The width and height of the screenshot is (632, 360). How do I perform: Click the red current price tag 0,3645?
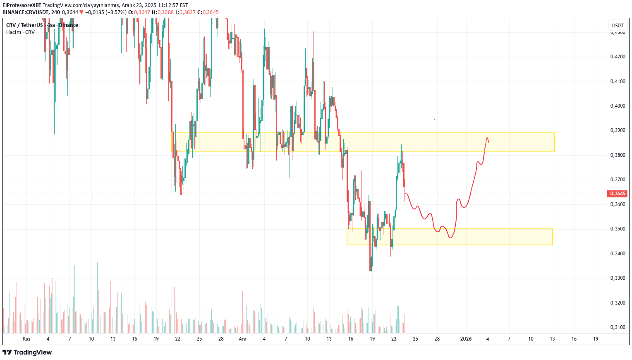(x=618, y=194)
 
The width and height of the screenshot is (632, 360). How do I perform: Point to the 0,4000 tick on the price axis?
(x=618, y=106)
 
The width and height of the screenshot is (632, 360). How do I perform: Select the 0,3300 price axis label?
(x=618, y=278)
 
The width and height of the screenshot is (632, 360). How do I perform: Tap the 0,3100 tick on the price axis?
(x=618, y=327)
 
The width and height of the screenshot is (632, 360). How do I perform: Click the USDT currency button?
(x=618, y=26)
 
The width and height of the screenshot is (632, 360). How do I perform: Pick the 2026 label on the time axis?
(x=466, y=339)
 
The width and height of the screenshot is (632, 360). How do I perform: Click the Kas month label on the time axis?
(x=26, y=339)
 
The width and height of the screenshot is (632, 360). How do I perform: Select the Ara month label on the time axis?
(x=242, y=339)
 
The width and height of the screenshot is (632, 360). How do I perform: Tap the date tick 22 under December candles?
(x=394, y=339)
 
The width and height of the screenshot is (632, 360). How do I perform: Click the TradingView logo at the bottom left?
(x=27, y=353)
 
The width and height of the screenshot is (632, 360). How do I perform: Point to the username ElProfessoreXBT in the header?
(x=22, y=5)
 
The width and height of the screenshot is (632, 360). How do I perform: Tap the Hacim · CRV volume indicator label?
(x=20, y=32)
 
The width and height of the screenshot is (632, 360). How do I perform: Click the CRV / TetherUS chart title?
(x=24, y=25)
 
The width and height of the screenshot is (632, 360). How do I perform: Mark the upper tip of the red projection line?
(x=487, y=137)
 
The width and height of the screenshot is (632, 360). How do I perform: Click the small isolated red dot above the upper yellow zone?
(x=434, y=120)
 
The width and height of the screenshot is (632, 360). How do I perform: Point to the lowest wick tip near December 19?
(x=370, y=274)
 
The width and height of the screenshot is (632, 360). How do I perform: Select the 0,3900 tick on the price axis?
(x=618, y=130)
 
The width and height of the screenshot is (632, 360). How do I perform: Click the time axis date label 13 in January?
(x=552, y=339)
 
